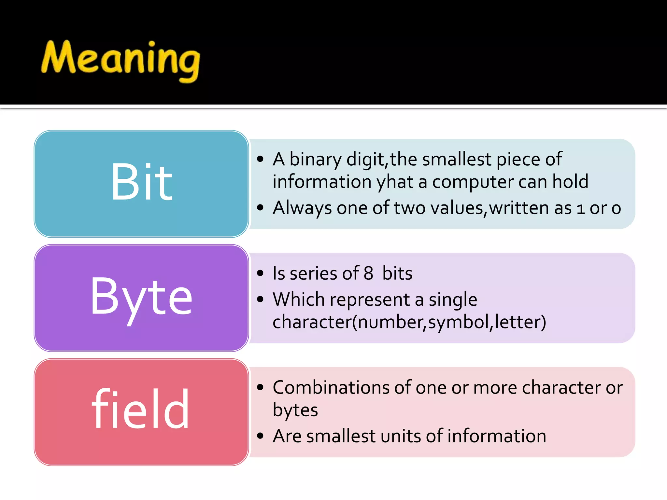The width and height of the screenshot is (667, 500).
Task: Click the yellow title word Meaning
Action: (121, 60)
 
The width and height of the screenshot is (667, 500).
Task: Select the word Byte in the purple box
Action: (141, 297)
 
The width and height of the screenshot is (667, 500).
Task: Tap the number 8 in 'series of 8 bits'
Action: (368, 273)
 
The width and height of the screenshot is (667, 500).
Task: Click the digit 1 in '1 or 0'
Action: (580, 208)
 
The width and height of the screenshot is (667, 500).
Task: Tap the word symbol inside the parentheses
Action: (458, 322)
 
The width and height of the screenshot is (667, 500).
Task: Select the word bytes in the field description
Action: (295, 410)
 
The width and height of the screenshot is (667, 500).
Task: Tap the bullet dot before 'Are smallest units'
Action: (260, 436)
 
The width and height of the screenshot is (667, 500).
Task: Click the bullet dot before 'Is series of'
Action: (260, 273)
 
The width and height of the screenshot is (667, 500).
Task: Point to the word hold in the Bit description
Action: (570, 181)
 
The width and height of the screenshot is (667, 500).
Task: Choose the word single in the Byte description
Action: (453, 300)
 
